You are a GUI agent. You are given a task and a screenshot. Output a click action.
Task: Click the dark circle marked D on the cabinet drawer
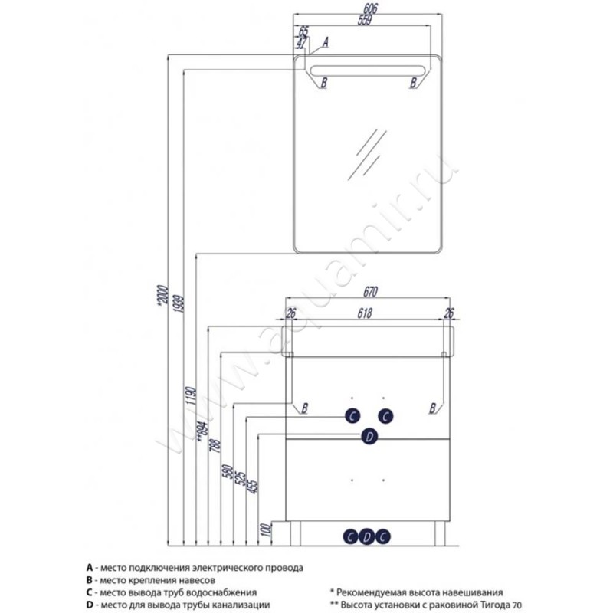(369, 436)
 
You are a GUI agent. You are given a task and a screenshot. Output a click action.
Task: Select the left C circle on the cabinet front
(351, 415)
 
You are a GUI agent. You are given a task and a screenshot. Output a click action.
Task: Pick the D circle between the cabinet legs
(368, 536)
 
